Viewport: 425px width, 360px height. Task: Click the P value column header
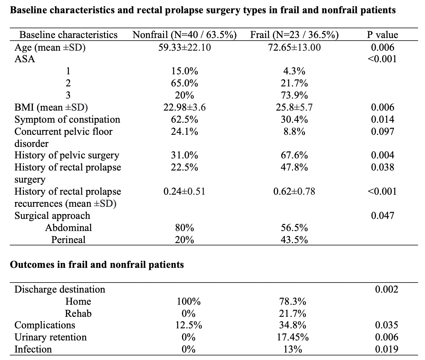[382, 35]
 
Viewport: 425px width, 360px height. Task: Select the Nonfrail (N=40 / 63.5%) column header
[185, 35]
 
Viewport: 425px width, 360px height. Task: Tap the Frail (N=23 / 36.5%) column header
[294, 35]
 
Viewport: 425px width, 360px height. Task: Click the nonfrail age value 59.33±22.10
[185, 48]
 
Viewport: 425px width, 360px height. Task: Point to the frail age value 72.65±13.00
[294, 48]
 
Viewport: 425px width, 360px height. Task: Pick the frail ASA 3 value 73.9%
[294, 95]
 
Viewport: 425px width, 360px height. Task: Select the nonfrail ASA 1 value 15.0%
[185, 71]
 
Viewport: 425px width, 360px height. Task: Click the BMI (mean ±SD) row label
[51, 107]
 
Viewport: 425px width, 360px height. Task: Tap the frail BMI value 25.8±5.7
[294, 107]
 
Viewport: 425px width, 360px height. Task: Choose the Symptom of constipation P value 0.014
[382, 120]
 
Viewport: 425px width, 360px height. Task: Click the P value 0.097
[382, 131]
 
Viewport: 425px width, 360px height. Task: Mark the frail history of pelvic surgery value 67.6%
[294, 155]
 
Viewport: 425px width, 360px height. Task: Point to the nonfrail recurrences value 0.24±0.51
[185, 192]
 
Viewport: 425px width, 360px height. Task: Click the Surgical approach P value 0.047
[382, 216]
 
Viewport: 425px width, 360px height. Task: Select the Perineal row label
[68, 240]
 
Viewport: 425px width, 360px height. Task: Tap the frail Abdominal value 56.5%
[294, 228]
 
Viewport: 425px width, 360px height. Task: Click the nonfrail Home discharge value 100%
[189, 302]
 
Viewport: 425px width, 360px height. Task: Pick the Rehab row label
[78, 314]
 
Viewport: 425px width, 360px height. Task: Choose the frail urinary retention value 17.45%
[293, 337]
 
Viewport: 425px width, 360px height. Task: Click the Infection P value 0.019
[387, 349]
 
